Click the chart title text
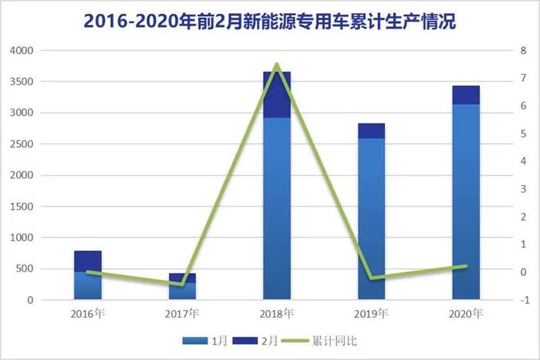tap(270, 22)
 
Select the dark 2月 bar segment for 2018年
tap(277, 95)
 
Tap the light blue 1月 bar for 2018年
tap(277, 208)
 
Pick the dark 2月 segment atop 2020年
tap(466, 95)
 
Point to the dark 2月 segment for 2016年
tap(88, 261)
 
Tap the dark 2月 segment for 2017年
tap(182, 278)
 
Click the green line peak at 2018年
tap(277, 64)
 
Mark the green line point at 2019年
tap(371, 278)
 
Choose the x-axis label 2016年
tap(88, 314)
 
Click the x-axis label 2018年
tap(277, 314)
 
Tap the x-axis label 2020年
tap(466, 314)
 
